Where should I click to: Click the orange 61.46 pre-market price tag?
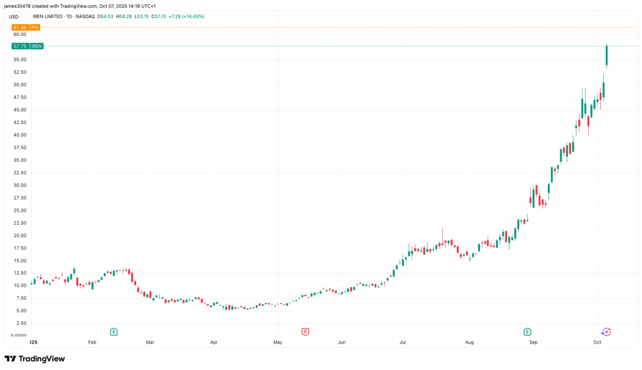[x=19, y=28]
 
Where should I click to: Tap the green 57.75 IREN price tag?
[x=19, y=46]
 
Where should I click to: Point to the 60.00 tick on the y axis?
[x=20, y=35]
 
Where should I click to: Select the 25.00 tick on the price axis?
[x=20, y=210]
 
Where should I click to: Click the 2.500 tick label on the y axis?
[x=20, y=323]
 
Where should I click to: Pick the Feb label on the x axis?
[x=92, y=342]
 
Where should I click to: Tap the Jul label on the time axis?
[x=402, y=342]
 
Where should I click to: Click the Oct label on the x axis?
[x=597, y=342]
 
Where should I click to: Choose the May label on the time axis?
[x=278, y=342]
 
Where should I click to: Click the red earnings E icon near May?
[x=305, y=331]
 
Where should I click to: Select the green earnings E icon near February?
[x=114, y=331]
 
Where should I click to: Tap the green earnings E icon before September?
[x=527, y=331]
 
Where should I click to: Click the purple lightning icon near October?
[x=606, y=331]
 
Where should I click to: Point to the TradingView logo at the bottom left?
[x=35, y=359]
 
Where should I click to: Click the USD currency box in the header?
[x=14, y=17]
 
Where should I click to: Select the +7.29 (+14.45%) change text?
[x=186, y=16]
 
